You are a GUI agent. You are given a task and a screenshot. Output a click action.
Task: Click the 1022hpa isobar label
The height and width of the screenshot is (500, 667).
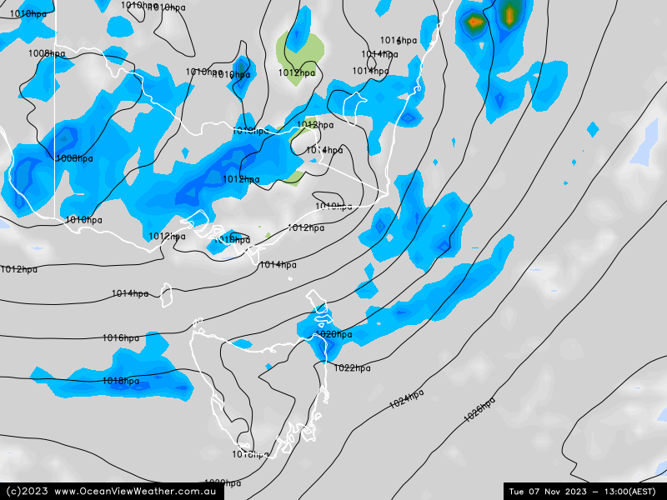click(x=352, y=367)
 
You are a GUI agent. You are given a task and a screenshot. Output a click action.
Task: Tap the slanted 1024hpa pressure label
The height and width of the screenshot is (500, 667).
click(x=407, y=399)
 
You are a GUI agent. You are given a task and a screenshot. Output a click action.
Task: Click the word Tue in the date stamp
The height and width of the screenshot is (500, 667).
click(x=518, y=491)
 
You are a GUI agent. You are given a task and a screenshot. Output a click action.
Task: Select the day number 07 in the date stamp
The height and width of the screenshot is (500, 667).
click(x=539, y=491)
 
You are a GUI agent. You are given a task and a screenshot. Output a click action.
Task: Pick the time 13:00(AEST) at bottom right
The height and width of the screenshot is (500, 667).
click(x=634, y=491)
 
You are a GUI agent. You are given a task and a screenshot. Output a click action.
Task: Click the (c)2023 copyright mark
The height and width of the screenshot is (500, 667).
click(x=25, y=491)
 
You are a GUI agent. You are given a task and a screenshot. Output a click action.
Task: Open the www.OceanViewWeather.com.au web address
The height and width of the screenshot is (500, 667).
click(x=136, y=491)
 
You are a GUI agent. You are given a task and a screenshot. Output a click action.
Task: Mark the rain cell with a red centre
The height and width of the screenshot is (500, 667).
click(x=474, y=22)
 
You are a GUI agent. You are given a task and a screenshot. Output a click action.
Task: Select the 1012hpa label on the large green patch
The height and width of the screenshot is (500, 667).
click(x=297, y=72)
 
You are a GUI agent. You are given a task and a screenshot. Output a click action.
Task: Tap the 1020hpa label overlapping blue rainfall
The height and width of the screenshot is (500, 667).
click(x=333, y=334)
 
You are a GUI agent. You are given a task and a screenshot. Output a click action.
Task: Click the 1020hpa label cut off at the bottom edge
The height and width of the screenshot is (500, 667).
click(x=223, y=483)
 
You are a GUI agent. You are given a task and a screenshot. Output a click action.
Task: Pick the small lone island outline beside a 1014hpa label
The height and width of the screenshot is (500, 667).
click(x=167, y=293)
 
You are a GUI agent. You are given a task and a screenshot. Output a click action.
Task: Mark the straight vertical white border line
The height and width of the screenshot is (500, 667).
click(x=56, y=125)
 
